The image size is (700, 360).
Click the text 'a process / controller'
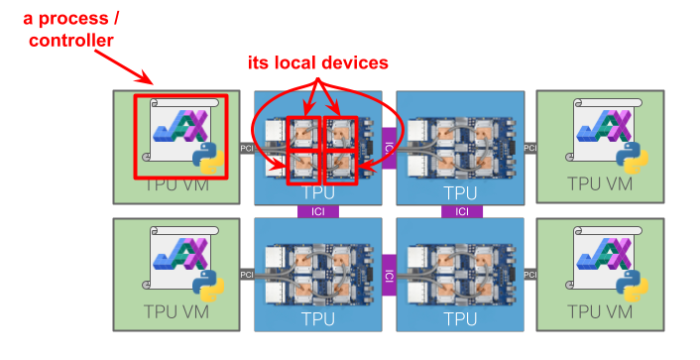tap(70, 30)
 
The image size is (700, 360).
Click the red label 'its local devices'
tap(317, 62)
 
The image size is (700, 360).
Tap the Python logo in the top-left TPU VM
tap(206, 156)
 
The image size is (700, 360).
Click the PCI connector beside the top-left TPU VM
tap(247, 148)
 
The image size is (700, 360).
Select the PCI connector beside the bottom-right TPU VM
tap(529, 275)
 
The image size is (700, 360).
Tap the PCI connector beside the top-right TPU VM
tap(529, 148)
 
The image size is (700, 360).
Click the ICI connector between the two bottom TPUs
tap(389, 275)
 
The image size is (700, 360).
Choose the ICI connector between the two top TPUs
tap(389, 148)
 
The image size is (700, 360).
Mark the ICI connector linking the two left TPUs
tap(317, 211)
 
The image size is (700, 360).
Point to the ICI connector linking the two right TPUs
tap(461, 211)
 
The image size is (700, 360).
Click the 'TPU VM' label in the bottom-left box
tap(176, 311)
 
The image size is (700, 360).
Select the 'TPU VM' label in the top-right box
tap(600, 183)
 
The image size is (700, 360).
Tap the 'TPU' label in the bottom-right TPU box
tap(460, 319)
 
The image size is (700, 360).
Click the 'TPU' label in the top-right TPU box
tap(460, 192)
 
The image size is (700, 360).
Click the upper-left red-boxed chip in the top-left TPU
tap(302, 132)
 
